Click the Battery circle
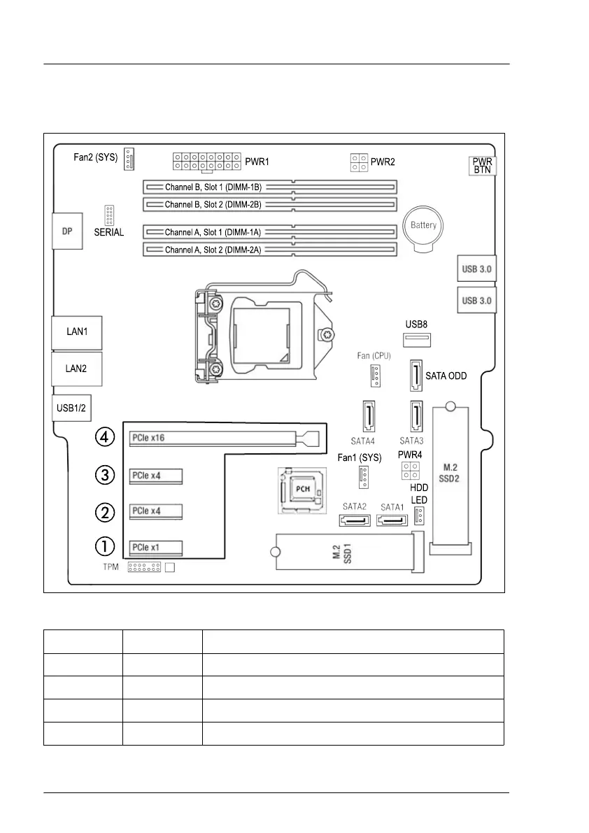pos(423,226)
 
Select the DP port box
pos(68,232)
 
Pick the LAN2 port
pos(76,369)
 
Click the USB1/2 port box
pos(72,407)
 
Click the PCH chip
pos(302,490)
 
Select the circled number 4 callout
pos(104,438)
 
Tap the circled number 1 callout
pos(104,546)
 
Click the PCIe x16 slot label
pos(148,439)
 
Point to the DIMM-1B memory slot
pos(270,187)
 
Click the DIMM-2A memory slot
pos(270,250)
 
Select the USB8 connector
pos(417,341)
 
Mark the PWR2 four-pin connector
pos(360,163)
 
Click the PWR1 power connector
pos(206,162)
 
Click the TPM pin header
pos(144,567)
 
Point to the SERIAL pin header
pos(109,215)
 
